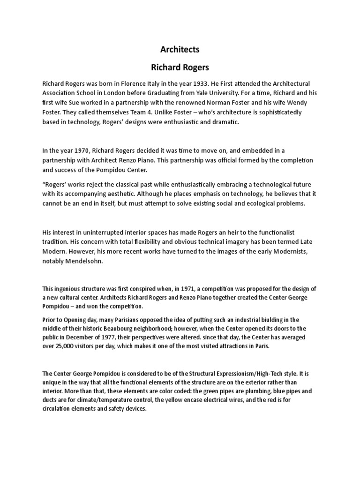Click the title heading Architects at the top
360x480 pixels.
[x=180, y=49]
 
